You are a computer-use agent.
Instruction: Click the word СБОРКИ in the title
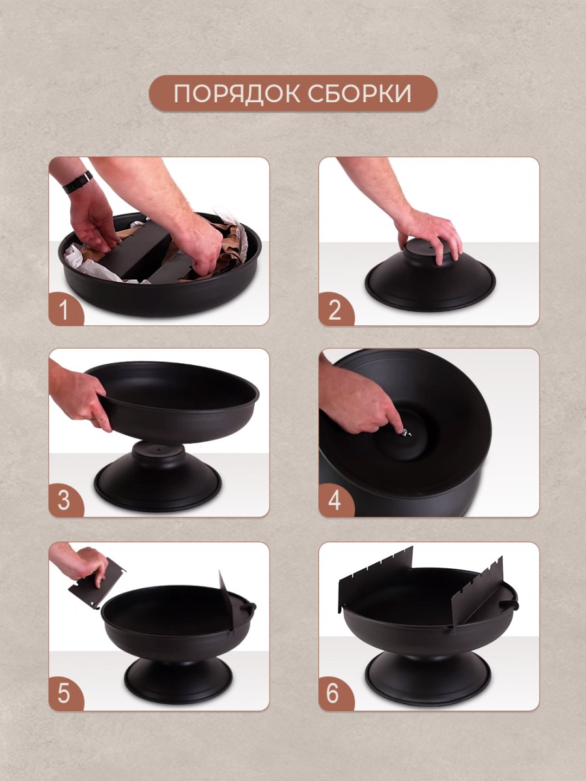point(359,94)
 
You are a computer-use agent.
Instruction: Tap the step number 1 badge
point(65,309)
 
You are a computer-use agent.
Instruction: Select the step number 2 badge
point(335,309)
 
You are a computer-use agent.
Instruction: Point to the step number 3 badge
point(65,500)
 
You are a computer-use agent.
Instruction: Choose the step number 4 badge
point(335,500)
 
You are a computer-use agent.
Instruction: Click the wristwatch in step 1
point(78,182)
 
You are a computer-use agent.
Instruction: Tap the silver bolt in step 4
point(405,433)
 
